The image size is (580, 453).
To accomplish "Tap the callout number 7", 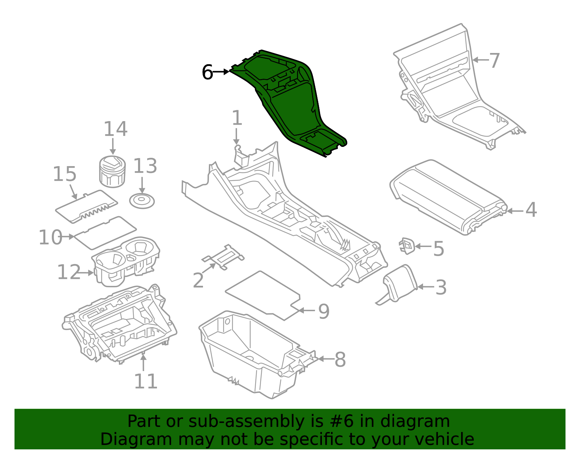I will tap(494, 60).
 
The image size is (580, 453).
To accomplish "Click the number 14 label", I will tap(116, 129).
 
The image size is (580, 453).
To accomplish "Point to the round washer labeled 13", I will tap(142, 201).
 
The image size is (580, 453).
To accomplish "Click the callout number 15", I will tap(65, 174).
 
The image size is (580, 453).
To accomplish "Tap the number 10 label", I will tap(50, 238).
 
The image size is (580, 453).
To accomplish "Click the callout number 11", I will tap(146, 381).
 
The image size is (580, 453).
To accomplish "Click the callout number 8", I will tap(340, 359).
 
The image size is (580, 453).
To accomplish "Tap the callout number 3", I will tap(441, 287).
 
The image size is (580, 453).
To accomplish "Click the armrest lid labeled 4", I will tap(448, 196).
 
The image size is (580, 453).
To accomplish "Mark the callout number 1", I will tap(237, 118).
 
